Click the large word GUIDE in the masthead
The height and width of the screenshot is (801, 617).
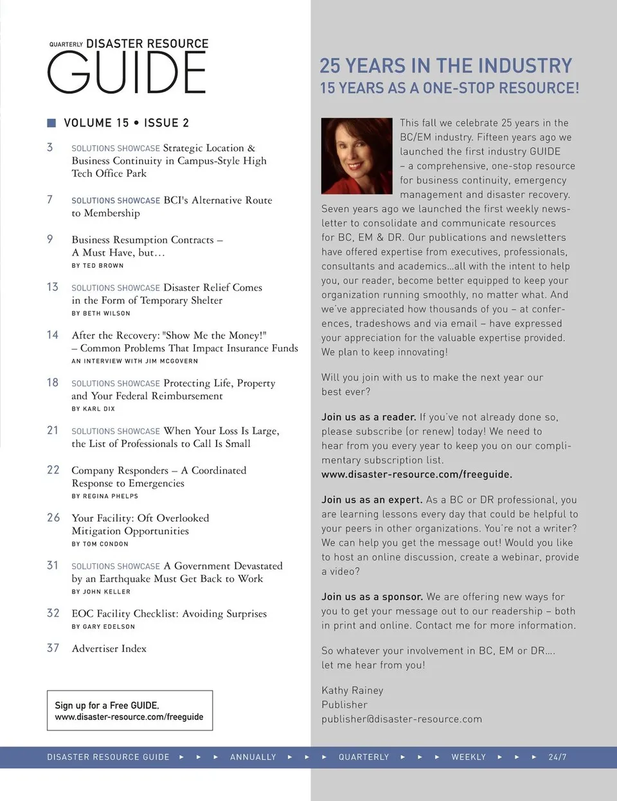[x=127, y=73]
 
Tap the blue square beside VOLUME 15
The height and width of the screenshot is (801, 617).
[x=51, y=123]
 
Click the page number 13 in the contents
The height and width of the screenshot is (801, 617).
[x=53, y=286]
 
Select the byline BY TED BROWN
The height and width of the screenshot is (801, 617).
[x=98, y=265]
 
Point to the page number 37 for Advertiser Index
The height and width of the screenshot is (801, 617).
[x=53, y=648]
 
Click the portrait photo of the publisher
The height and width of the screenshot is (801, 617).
[x=356, y=156]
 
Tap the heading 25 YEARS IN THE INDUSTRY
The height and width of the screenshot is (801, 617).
[x=445, y=66]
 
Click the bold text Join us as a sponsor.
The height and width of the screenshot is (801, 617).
[x=372, y=597]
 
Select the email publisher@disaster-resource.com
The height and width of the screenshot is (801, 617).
[x=402, y=719]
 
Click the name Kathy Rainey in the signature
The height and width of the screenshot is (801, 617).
[x=352, y=690]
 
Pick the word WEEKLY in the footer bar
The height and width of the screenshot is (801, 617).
[x=469, y=757]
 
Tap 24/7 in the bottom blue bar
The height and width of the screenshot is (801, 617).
[x=557, y=757]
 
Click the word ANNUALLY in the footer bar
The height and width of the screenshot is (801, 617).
[x=253, y=757]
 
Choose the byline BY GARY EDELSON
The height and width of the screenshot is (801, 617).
[x=103, y=626]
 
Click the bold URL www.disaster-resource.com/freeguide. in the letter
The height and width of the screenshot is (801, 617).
[x=416, y=475]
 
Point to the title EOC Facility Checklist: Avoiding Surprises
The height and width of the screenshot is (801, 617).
[x=169, y=613]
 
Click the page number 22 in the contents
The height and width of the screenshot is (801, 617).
[x=53, y=470]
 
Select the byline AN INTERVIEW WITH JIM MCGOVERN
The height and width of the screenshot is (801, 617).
[x=135, y=361]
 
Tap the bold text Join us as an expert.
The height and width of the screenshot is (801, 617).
[x=371, y=500]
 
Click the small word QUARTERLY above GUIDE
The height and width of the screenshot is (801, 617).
[x=66, y=44]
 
